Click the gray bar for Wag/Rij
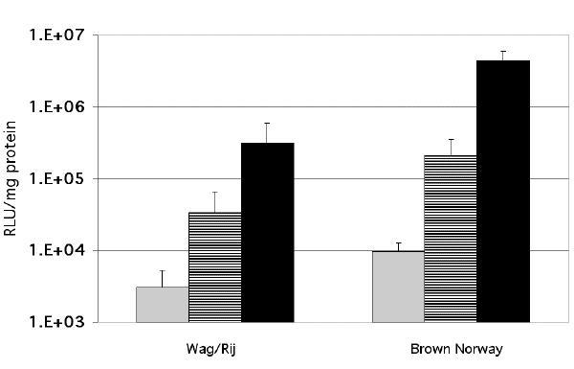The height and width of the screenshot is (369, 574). pos(163,304)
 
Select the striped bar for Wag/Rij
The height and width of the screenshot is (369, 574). pos(215,266)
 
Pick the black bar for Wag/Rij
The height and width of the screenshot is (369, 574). pos(268,232)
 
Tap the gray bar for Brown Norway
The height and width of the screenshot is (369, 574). pos(397,286)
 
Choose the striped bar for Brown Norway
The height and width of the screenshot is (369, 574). pos(450,238)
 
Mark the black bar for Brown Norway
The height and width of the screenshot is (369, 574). pos(502,191)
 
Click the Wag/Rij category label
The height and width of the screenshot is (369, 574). pos(214,347)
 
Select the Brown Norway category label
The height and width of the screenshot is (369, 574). pos(450,347)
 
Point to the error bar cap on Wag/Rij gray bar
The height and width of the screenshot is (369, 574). pos(163,271)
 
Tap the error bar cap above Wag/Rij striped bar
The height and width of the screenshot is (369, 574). pos(215,193)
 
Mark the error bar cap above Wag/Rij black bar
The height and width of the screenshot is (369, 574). pos(268,124)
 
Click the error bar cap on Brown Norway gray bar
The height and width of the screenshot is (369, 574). pos(397,243)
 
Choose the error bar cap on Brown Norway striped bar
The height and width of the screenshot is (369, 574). pos(450,140)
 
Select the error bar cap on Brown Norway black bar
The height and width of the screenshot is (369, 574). pos(502,52)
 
